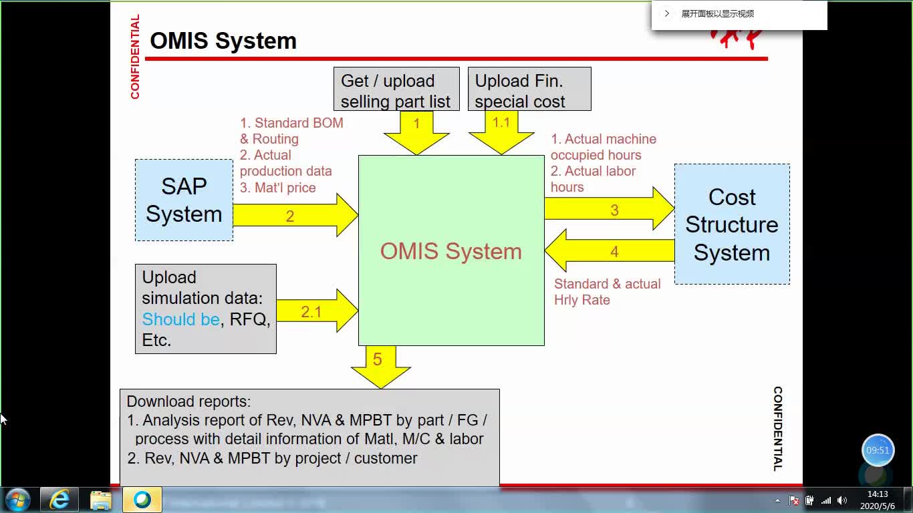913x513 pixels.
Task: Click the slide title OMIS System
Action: point(223,41)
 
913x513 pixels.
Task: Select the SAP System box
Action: point(184,200)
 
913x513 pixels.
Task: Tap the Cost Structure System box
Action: point(732,224)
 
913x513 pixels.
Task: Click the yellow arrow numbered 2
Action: point(294,216)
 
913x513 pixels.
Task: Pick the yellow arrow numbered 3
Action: point(608,210)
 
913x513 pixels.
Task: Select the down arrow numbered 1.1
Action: point(501,130)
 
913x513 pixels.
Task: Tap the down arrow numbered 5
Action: point(380,365)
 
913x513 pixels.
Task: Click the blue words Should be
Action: point(180,319)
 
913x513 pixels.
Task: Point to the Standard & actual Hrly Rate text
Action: point(607,292)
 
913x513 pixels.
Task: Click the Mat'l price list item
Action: point(278,188)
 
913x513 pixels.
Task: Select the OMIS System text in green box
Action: point(451,251)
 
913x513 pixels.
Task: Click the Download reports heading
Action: point(188,401)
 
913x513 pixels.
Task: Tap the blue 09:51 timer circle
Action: point(878,450)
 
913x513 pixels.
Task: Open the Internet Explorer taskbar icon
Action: point(59,500)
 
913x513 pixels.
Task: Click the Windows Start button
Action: point(17,500)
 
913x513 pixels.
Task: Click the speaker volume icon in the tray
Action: point(841,500)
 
